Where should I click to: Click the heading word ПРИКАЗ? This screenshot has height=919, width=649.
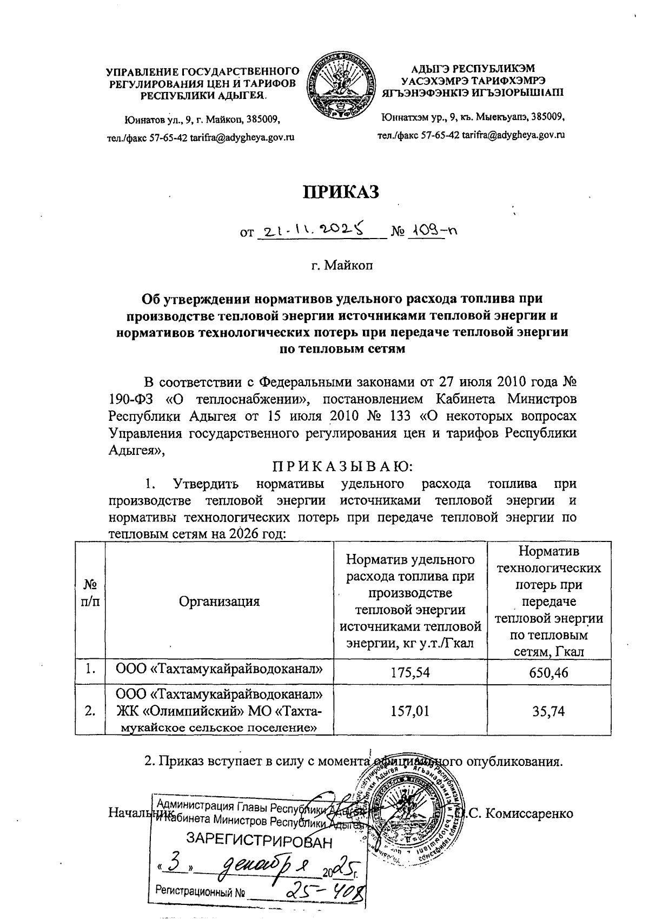(341, 192)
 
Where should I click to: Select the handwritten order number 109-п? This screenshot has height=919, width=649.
(433, 231)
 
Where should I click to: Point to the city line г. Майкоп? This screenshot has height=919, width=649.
(341, 266)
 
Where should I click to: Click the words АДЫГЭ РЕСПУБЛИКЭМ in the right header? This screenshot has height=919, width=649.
(472, 69)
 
